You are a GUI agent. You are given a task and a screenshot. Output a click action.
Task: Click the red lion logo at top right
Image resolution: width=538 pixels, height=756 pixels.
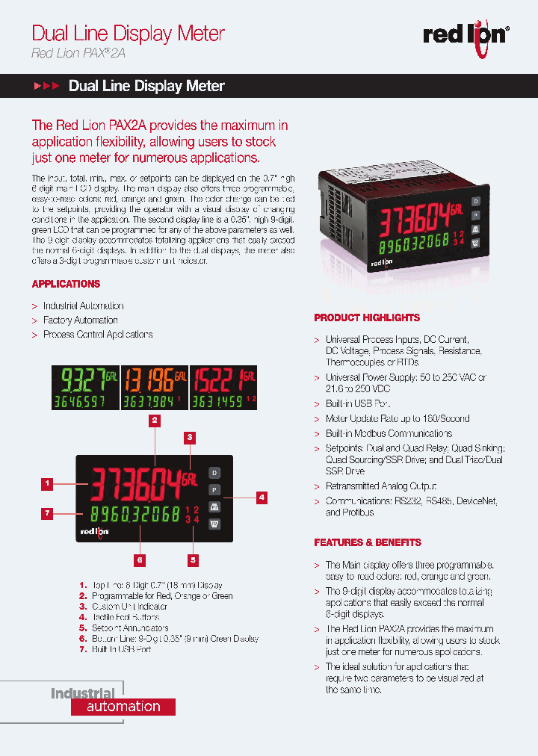pos(466,35)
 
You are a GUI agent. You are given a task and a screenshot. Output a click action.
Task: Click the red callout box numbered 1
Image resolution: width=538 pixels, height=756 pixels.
pos(47,483)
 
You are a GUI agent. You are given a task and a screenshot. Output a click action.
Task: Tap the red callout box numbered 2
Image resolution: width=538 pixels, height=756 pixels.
pos(155,420)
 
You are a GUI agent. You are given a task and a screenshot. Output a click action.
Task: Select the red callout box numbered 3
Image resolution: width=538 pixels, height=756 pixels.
pos(191,437)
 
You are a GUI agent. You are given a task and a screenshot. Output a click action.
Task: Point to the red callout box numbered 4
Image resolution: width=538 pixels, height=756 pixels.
pos(262,496)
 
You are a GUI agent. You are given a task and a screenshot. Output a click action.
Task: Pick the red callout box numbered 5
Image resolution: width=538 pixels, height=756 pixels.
pos(193,559)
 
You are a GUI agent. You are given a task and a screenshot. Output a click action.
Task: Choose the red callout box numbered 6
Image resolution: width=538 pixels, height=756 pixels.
pos(140,559)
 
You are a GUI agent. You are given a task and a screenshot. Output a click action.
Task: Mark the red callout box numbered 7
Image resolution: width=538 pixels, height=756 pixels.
pos(47,513)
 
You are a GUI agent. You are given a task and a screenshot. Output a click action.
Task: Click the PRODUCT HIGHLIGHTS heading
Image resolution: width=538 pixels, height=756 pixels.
pos(367,317)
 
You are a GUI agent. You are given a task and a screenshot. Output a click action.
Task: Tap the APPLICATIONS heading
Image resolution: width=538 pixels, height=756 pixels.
pos(66,285)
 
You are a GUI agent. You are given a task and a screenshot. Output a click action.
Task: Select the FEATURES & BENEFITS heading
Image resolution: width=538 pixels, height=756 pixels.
pos(368,542)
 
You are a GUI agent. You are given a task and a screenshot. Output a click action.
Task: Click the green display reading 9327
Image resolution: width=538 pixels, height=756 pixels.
pos(84,388)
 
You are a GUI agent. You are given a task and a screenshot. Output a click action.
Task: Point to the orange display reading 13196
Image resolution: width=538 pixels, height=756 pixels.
pos(154,388)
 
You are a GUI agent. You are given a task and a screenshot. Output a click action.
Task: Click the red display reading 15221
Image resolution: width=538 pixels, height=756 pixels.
pos(223,388)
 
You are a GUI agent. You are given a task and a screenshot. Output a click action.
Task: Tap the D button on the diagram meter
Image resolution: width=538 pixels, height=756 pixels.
pos(214,473)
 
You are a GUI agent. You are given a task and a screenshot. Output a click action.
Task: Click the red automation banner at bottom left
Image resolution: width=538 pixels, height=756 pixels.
pos(123,707)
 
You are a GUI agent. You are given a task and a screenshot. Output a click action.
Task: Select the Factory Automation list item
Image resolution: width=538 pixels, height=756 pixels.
pos(80,320)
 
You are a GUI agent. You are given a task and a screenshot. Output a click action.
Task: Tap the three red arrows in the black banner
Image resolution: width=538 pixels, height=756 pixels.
pos(46,87)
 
